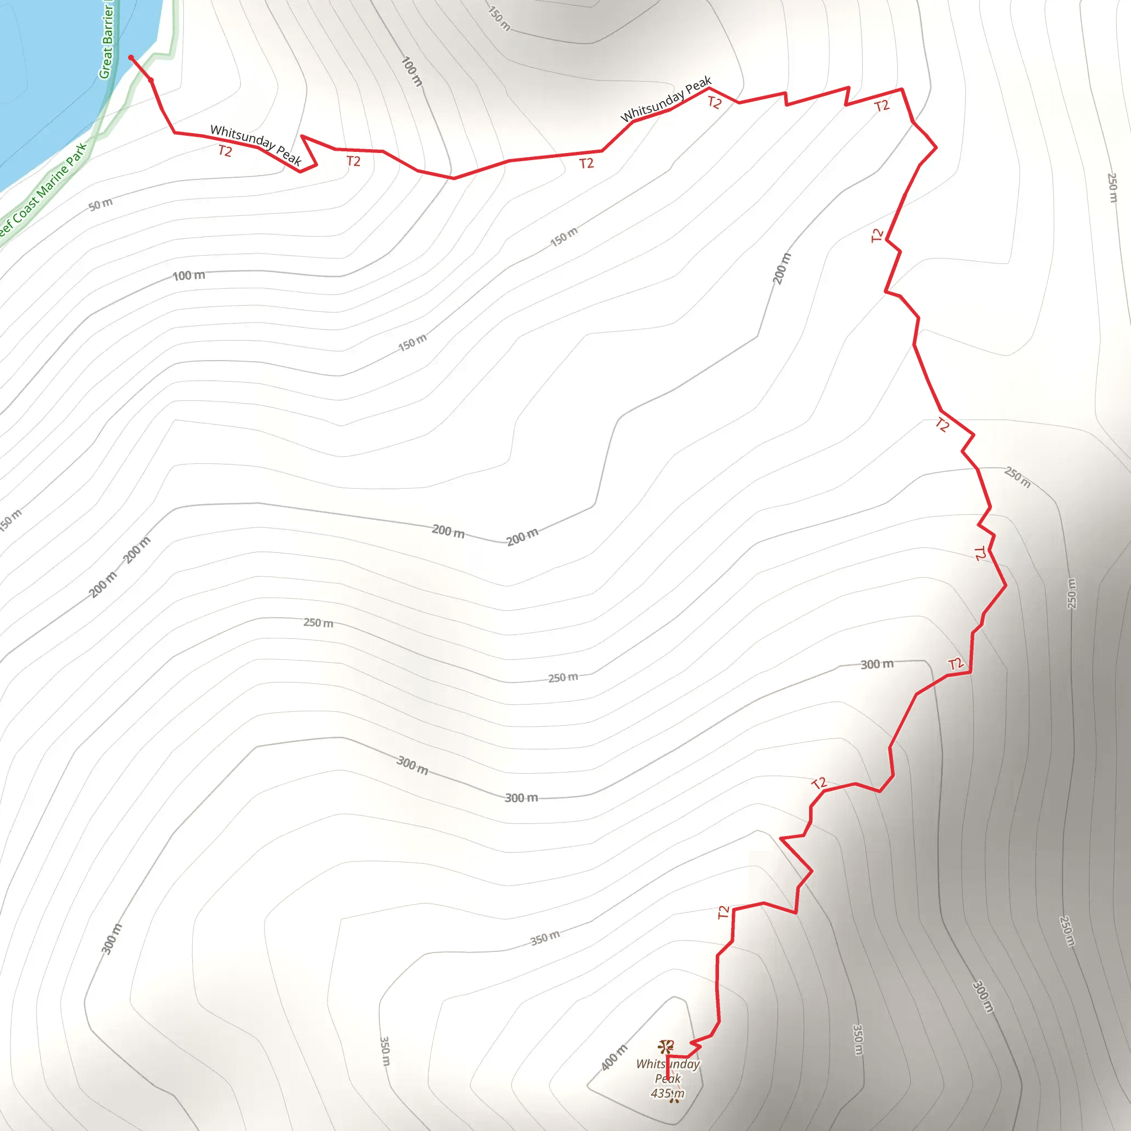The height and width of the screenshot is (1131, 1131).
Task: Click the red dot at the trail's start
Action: (x=131, y=57)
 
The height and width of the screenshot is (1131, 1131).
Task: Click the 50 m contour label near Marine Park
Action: (x=101, y=204)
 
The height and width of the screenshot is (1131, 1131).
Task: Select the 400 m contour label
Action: (x=614, y=1057)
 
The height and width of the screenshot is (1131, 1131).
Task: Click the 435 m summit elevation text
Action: (x=667, y=1093)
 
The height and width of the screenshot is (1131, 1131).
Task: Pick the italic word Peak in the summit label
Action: (x=667, y=1079)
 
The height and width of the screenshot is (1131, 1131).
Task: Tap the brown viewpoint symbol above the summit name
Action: (x=665, y=1047)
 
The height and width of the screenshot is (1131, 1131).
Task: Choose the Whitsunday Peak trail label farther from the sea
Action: (x=665, y=99)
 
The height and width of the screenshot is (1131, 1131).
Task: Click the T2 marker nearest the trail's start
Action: (x=225, y=152)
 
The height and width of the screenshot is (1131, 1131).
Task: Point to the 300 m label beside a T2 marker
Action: (x=877, y=664)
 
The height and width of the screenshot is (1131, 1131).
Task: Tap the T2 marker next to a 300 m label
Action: (x=955, y=664)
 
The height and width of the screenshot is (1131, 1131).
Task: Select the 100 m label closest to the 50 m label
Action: (x=188, y=275)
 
